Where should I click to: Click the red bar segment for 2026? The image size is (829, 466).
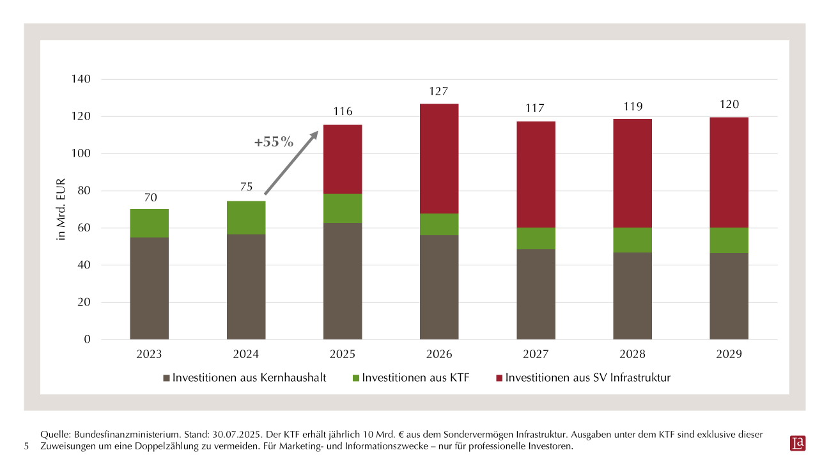439,159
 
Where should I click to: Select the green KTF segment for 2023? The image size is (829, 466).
149,223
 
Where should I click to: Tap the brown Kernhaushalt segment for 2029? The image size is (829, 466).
729,296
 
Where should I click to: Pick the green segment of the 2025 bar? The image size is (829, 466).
343,208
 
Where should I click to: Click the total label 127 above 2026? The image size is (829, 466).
439,91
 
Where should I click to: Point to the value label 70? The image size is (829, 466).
150,198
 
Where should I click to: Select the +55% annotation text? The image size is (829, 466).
274,142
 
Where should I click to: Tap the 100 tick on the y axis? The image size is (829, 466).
81,153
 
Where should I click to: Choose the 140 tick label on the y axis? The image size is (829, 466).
81,79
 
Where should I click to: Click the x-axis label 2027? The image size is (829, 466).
536,354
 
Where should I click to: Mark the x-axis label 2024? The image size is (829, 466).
246,354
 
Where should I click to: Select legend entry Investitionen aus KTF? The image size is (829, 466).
415,378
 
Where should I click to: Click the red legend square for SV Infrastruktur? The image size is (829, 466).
499,378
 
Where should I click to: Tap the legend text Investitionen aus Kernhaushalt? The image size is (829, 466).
249,378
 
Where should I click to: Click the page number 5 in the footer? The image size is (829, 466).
26,446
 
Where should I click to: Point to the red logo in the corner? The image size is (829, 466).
798,443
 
